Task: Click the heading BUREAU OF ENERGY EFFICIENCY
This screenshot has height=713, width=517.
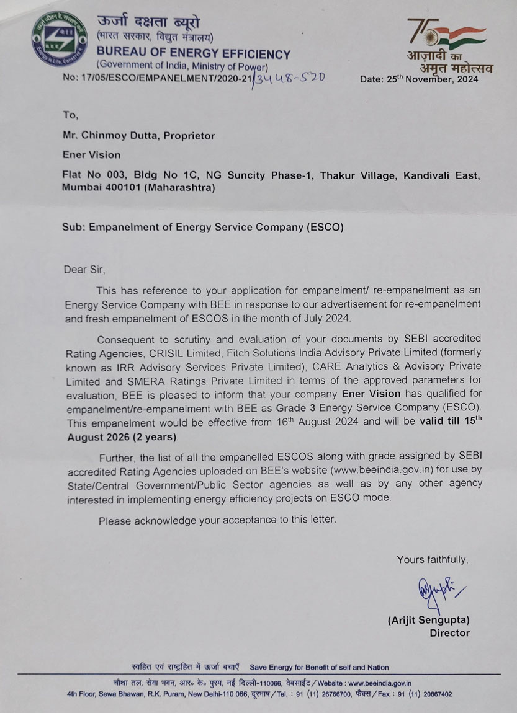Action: coord(193,54)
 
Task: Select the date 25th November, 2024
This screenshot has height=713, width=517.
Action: coord(419,79)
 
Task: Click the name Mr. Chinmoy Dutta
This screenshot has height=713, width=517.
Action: coord(107,135)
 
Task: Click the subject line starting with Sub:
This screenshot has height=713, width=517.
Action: coord(202,227)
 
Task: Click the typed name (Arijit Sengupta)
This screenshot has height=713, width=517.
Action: coord(428,619)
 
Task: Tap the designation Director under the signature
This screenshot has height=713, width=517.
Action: coord(449,633)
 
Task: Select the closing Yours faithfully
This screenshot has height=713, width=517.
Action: coord(433,560)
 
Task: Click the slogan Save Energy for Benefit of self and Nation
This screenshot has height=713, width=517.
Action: coord(319,667)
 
